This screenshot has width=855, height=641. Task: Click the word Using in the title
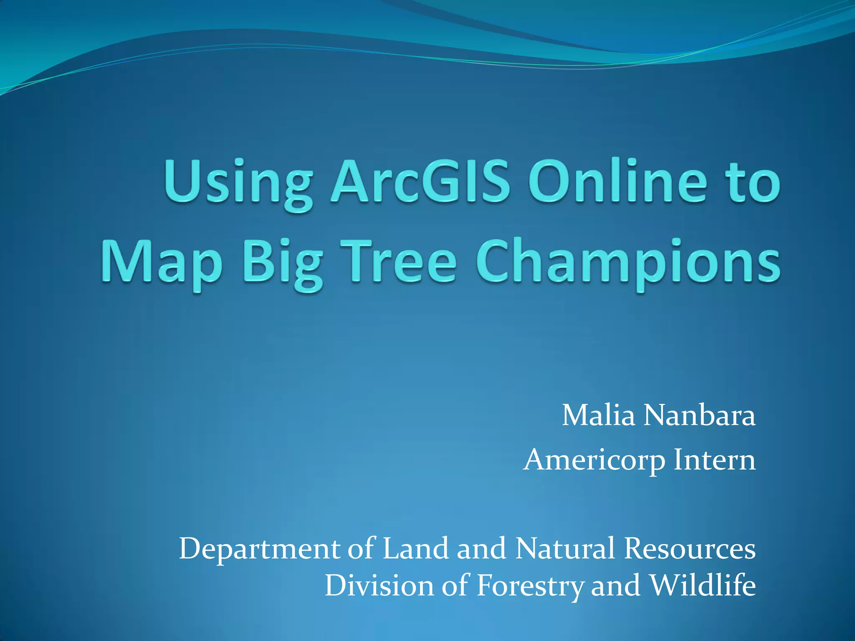(x=238, y=184)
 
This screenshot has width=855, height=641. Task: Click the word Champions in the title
(x=628, y=263)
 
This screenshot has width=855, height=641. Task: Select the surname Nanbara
(x=699, y=416)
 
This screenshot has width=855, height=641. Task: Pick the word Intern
(x=714, y=460)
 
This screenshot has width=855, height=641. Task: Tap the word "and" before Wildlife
(x=615, y=585)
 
